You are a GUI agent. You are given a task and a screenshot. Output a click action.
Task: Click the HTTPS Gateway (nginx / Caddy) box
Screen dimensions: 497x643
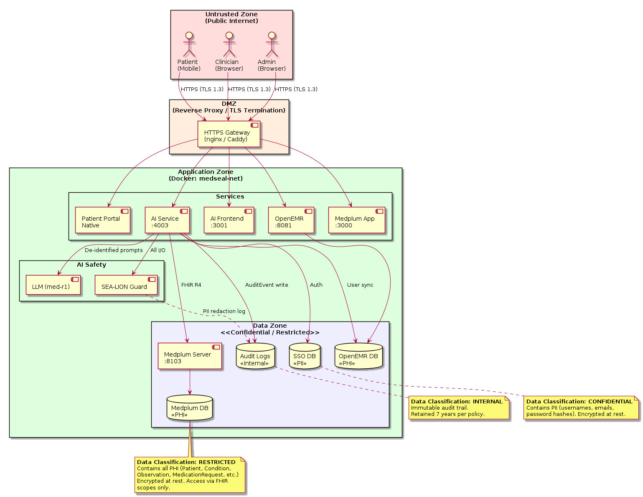click(229, 134)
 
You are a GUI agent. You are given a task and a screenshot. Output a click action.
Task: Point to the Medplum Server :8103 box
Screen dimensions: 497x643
click(190, 356)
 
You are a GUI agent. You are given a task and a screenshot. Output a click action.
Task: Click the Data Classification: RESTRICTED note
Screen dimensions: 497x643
click(190, 475)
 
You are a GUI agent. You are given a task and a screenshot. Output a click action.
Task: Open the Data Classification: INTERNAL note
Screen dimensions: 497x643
click(459, 408)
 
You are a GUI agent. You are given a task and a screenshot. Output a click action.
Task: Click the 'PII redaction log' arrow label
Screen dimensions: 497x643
click(224, 311)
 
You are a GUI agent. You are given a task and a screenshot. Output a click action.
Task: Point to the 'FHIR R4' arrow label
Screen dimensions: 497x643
click(191, 285)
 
